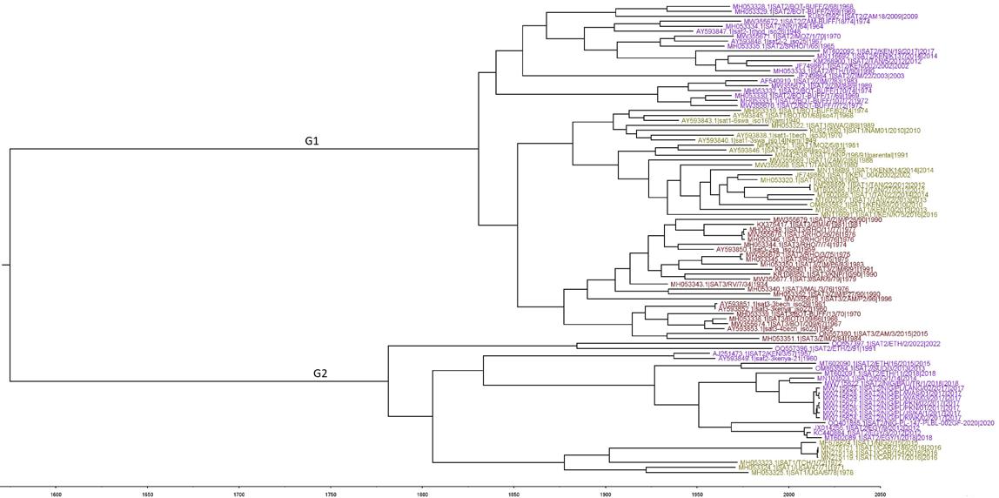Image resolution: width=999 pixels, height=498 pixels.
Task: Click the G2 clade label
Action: click(x=321, y=374)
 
